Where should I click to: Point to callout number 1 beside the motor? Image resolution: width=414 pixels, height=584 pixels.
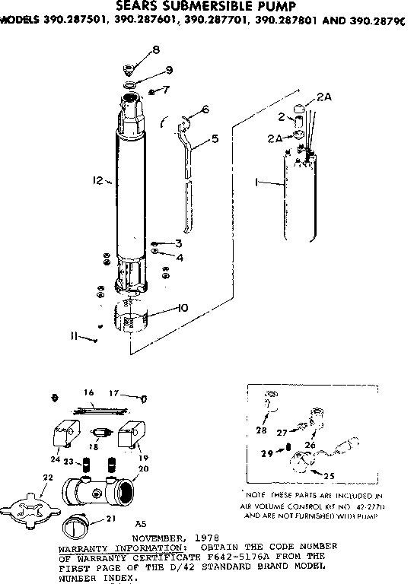pyautogui.click(x=258, y=183)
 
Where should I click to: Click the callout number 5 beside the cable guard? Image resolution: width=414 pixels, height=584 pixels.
pyautogui.click(x=215, y=138)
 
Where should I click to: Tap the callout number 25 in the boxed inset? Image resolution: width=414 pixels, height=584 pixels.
pyautogui.click(x=330, y=476)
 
